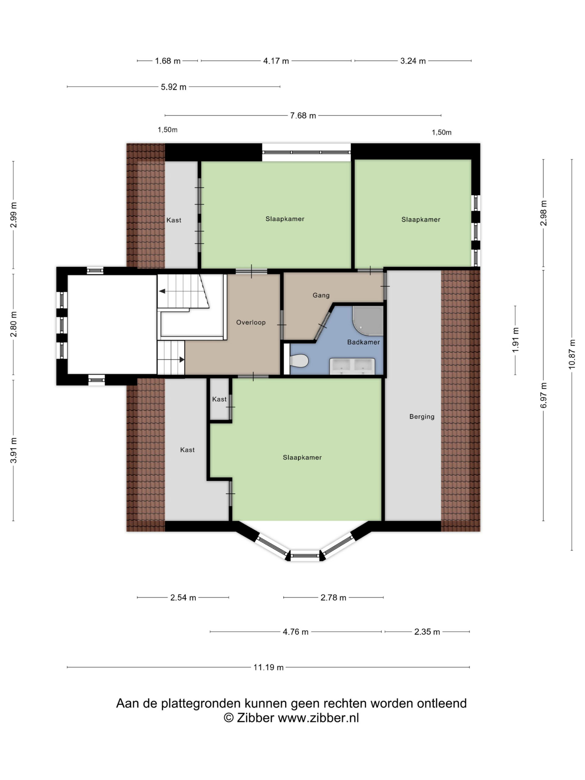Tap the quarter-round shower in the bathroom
coord(367,320)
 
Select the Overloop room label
coord(251,322)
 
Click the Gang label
coord(321,295)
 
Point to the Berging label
coord(422,417)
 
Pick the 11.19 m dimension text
coord(268,667)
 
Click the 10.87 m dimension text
coord(572,354)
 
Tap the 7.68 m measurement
coord(303,115)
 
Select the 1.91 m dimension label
coord(515,340)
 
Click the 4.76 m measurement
coord(296,632)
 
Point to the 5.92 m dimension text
coord(173,87)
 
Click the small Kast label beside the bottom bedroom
coord(219,399)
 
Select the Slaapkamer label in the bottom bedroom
coord(302,457)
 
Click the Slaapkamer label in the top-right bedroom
coord(421,219)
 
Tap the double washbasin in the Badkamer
coord(352,366)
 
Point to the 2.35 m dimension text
coord(427,632)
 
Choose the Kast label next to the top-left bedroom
coord(174,220)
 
